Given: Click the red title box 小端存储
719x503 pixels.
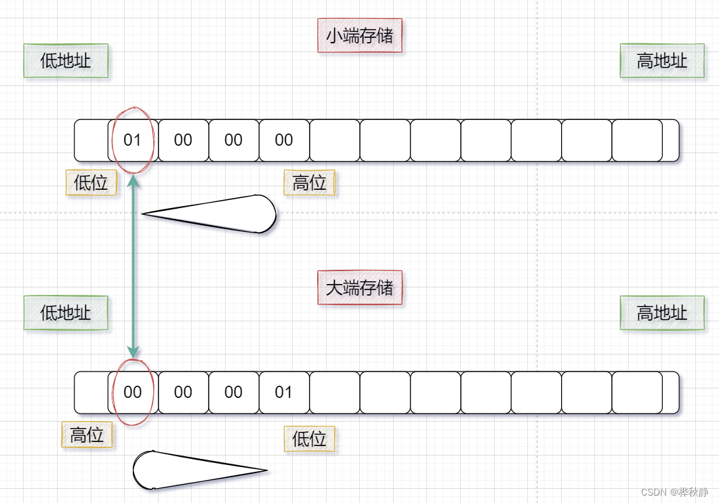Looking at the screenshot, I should [360, 35].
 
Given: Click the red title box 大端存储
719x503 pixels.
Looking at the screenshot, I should [360, 287].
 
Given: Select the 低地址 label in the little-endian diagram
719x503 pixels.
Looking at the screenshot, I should [66, 61].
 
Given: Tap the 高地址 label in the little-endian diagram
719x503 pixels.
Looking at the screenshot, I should [662, 61].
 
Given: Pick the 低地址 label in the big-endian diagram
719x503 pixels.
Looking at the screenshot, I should [66, 313].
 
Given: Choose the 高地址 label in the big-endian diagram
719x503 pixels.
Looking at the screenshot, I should [662, 313].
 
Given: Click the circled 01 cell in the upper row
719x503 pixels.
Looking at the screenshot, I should [133, 140].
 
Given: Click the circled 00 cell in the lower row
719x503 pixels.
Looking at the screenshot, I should [133, 393].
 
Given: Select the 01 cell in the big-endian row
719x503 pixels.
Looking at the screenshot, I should [284, 393].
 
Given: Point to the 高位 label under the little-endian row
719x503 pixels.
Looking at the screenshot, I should [310, 182].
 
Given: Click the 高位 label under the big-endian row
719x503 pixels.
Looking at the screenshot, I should [87, 435].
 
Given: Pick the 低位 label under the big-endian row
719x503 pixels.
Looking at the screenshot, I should [310, 439].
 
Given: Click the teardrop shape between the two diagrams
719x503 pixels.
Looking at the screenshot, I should [224, 214].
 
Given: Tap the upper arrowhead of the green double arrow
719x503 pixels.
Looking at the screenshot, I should [133, 181].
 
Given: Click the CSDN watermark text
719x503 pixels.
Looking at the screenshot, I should [674, 492].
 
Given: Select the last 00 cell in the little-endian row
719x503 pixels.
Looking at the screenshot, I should [284, 140].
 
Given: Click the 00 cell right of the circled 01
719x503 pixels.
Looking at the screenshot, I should [183, 140].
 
